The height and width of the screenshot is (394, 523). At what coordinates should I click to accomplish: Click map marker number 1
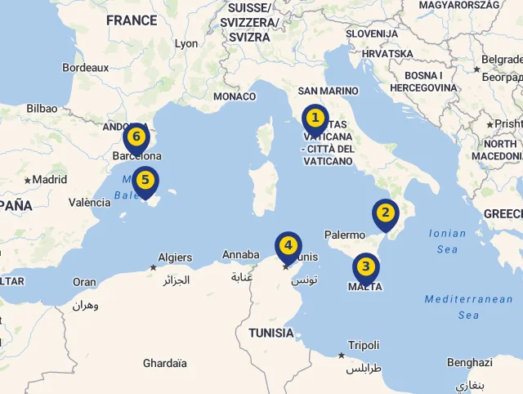tap(315, 119)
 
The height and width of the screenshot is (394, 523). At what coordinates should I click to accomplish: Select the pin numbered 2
tap(385, 214)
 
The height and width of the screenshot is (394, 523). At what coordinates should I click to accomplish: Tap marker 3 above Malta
tap(365, 266)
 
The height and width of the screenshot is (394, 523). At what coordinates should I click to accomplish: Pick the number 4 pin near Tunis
tap(288, 245)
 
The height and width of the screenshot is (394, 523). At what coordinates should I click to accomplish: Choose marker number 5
tap(145, 181)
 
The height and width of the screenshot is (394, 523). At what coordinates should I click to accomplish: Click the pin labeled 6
tap(136, 137)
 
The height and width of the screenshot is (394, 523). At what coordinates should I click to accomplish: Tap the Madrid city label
tap(49, 180)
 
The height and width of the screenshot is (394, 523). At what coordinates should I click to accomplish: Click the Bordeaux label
tap(85, 68)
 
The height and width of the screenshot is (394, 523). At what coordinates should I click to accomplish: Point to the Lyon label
tap(186, 43)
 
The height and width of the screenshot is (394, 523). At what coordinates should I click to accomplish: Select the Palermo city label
tap(345, 235)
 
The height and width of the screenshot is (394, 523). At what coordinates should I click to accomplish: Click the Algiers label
tap(175, 257)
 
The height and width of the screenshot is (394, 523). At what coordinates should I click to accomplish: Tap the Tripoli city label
tap(364, 346)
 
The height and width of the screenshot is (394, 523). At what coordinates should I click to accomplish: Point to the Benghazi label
tap(470, 363)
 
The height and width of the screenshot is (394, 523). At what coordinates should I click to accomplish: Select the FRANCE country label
tap(132, 20)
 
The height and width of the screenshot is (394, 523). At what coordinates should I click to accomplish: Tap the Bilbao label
tap(42, 108)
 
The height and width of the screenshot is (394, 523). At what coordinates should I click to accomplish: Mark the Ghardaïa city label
tap(164, 364)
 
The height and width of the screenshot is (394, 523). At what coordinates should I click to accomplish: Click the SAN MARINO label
tap(328, 92)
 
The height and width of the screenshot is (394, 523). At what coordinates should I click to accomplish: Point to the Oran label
tap(84, 283)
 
